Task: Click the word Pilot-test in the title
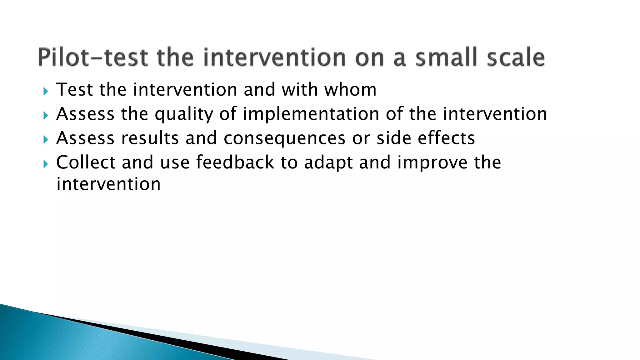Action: pyautogui.click(x=93, y=57)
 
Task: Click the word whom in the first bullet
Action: pyautogui.click(x=350, y=90)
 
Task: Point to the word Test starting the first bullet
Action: pyautogui.click(x=74, y=90)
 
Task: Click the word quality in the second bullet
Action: pyautogui.click(x=184, y=114)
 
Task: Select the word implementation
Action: pyautogui.click(x=311, y=114)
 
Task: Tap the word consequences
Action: pyautogui.click(x=285, y=138)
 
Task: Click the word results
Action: pyautogui.click(x=150, y=138)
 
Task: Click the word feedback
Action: pyautogui.click(x=235, y=162)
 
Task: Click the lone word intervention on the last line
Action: pyautogui.click(x=108, y=184)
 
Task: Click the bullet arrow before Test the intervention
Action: pyautogui.click(x=46, y=92)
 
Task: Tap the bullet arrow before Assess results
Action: pyautogui.click(x=46, y=140)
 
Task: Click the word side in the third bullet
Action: pyautogui.click(x=394, y=138)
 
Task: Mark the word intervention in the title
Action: pyautogui.click(x=274, y=57)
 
